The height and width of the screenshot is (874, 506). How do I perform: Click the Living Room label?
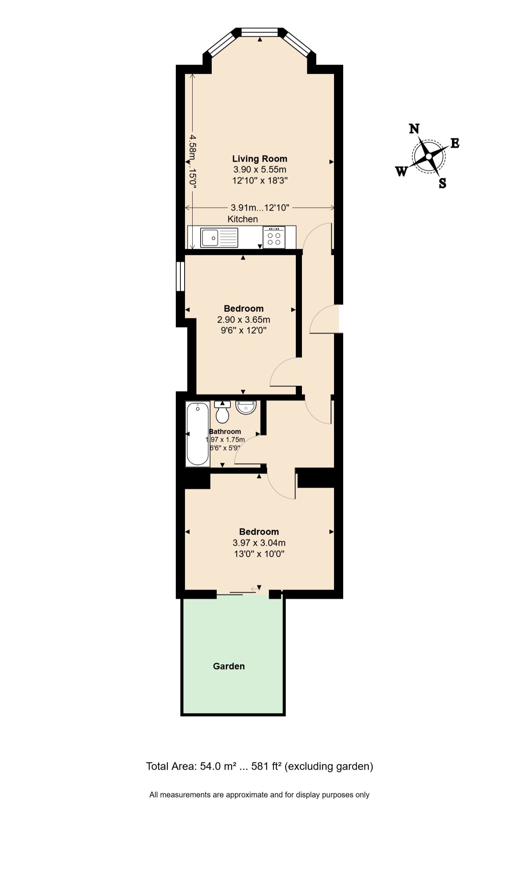[x=259, y=159]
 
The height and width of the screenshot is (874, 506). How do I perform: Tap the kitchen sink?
[x=219, y=238]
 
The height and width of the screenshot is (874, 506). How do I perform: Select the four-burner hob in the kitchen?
[x=274, y=237]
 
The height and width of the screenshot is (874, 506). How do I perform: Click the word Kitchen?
[x=243, y=219]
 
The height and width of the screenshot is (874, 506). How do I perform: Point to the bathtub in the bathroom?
[x=198, y=434]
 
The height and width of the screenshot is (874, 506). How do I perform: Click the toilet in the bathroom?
[x=222, y=412]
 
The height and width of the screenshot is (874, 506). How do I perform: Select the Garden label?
[x=229, y=666]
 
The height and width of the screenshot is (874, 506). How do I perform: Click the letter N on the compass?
[x=414, y=129]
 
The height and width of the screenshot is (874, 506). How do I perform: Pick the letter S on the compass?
[x=443, y=183]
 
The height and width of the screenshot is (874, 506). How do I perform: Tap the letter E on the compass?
[x=454, y=143]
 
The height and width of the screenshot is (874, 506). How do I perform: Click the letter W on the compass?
[x=401, y=172]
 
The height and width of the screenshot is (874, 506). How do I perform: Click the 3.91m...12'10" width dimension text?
[x=260, y=208]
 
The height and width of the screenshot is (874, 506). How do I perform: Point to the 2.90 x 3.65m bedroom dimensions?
[x=243, y=319]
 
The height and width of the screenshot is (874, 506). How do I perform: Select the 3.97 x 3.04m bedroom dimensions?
[x=259, y=543]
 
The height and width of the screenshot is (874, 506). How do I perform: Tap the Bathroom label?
[x=225, y=431]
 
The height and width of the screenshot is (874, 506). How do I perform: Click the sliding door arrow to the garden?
[x=255, y=589]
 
